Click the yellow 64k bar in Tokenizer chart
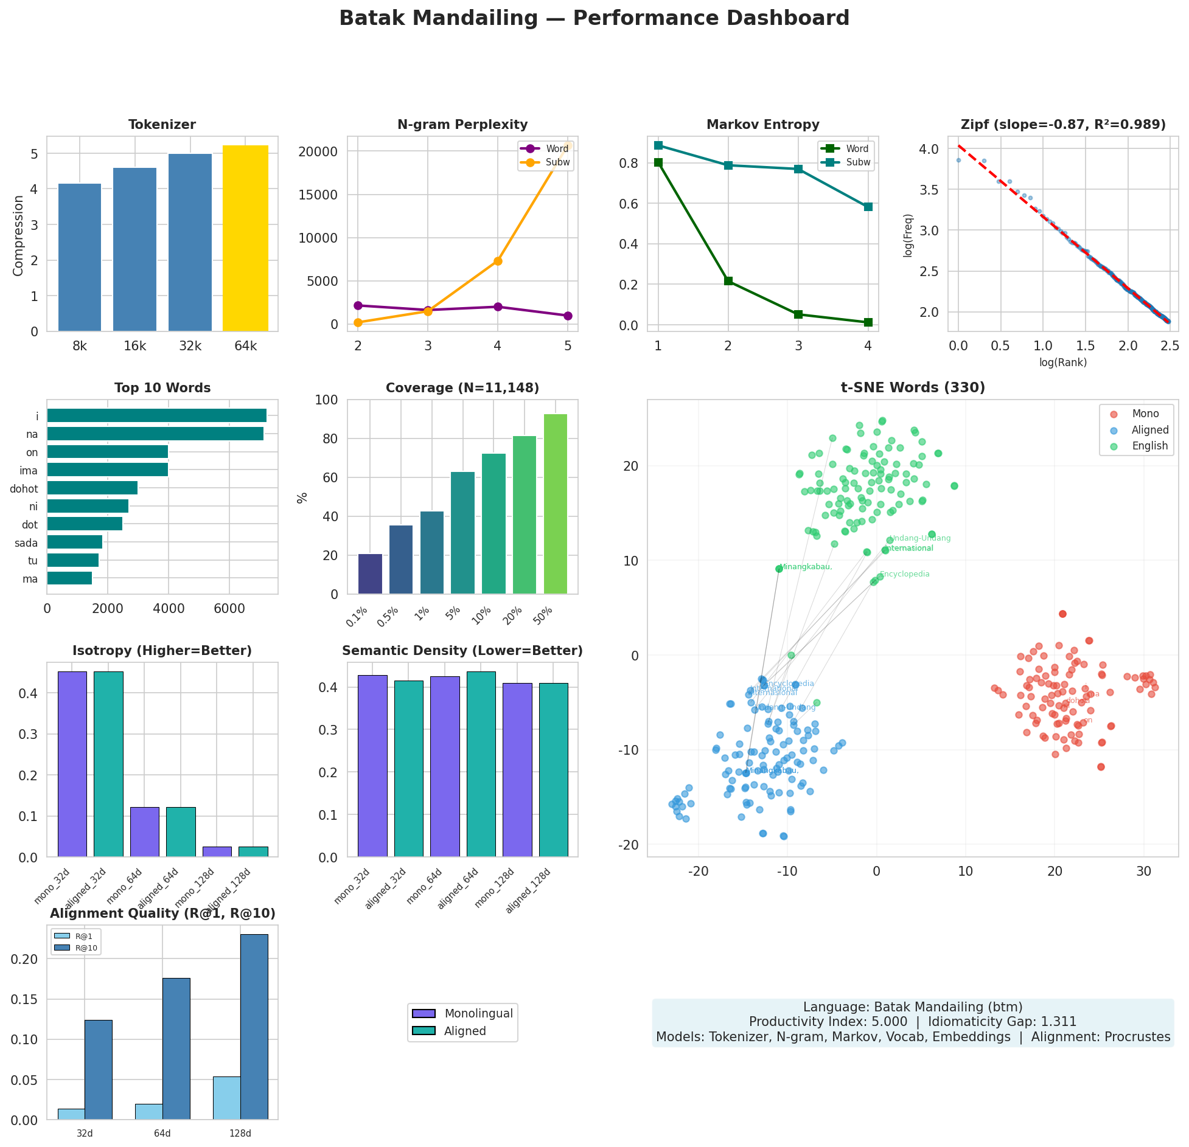(245, 238)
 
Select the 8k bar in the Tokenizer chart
(80, 257)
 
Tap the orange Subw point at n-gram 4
(498, 261)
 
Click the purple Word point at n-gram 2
(358, 305)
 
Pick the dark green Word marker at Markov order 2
(728, 281)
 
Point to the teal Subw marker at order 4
(868, 207)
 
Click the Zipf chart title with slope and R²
(1062, 125)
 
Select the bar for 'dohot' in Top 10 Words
(92, 488)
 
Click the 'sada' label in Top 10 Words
(26, 543)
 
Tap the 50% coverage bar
(555, 504)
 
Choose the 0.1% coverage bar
(370, 573)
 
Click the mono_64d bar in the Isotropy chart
(145, 831)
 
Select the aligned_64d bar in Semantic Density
(481, 764)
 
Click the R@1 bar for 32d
(71, 1114)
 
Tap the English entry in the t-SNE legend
(1149, 446)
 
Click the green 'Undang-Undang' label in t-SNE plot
(920, 538)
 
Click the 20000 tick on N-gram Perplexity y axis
(321, 151)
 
